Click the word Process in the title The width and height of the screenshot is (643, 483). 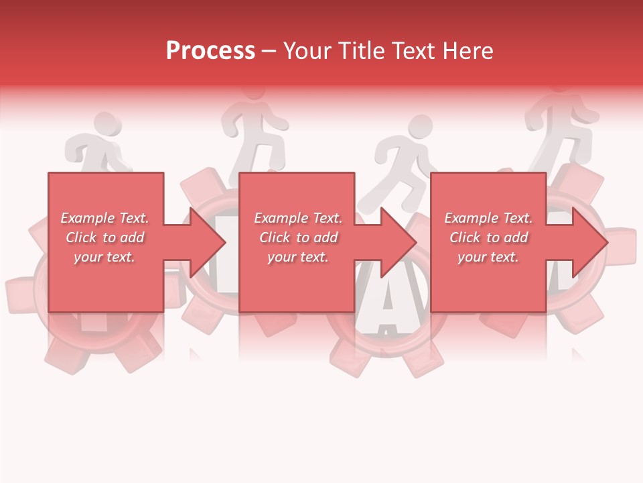210,51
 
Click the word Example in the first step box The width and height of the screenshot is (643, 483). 87,218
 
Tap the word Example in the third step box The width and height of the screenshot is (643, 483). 471,218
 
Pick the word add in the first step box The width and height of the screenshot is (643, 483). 133,237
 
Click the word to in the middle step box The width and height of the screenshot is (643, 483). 303,237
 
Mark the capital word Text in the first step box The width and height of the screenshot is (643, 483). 133,218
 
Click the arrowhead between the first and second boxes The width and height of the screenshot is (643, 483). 208,241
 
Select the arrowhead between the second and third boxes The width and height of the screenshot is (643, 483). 399,241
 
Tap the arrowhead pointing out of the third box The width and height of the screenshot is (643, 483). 589,241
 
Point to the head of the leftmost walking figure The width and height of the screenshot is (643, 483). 102,125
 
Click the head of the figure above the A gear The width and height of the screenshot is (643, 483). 420,128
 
